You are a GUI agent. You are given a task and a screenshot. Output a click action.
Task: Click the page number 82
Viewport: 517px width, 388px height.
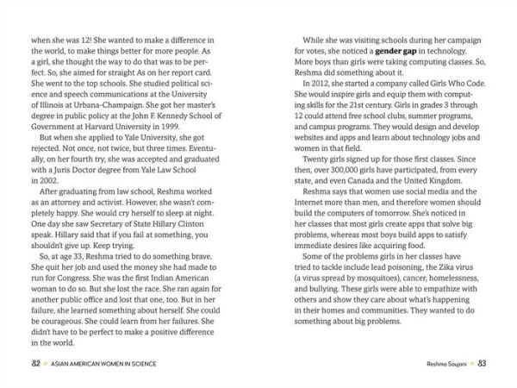pos(36,361)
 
